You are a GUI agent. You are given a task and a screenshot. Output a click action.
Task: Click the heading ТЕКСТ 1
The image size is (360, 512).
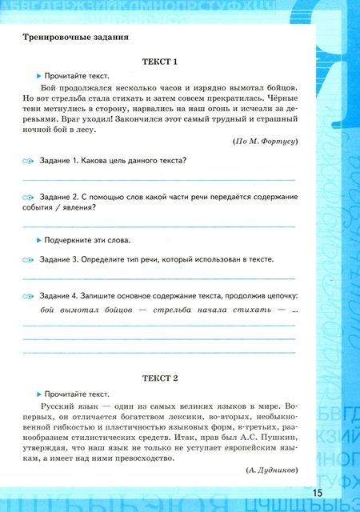[159, 62]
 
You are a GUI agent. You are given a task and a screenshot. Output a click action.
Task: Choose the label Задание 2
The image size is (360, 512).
[60, 197]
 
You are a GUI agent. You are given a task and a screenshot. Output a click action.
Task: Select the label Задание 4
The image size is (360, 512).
[60, 295]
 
